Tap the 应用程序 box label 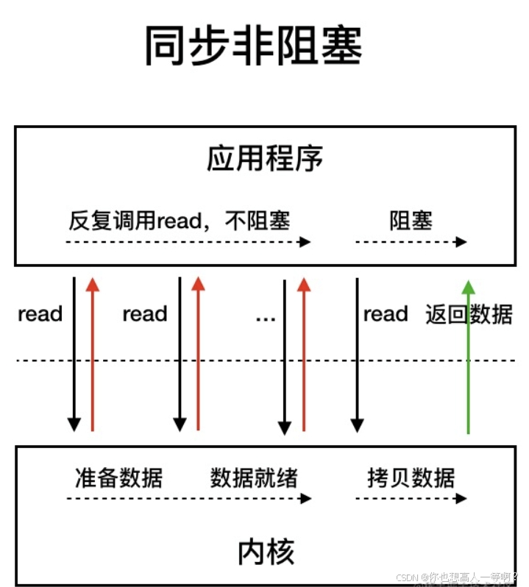[x=265, y=158]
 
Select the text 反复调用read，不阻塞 [x=180, y=220]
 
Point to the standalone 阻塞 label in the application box [x=411, y=220]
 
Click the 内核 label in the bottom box [x=266, y=552]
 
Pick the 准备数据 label [x=118, y=477]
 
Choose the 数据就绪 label [x=254, y=477]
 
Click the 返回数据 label [x=469, y=314]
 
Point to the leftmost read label [x=40, y=315]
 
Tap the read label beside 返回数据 [x=386, y=315]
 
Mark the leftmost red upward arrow [x=92, y=353]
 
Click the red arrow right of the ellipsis [x=304, y=353]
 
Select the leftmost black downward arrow [x=74, y=353]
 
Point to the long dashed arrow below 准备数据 [x=188, y=498]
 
